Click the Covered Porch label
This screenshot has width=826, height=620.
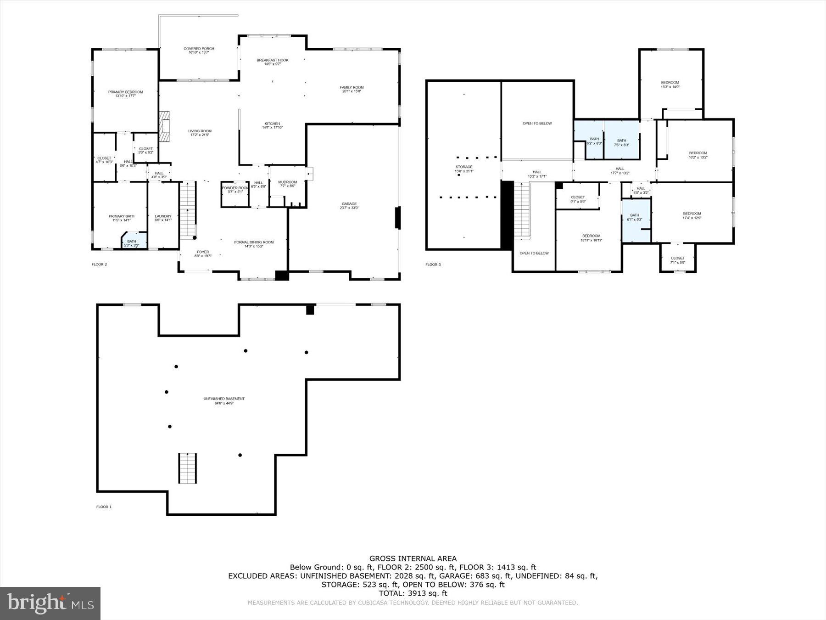pos(199,50)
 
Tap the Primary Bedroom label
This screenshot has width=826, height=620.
pos(125,94)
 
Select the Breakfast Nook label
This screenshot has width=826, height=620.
pos(273,62)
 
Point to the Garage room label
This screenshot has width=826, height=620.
pos(349,205)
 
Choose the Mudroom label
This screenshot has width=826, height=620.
pos(287,184)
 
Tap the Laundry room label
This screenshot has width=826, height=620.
pos(163,218)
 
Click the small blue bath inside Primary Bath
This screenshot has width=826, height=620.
pos(132,243)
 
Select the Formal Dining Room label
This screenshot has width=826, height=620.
pos(254,244)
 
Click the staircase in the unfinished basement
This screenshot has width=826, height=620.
pos(187,468)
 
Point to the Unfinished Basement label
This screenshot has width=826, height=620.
pos(224,400)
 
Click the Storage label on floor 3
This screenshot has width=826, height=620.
pos(463,169)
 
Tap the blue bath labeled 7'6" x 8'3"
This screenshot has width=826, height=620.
pos(621,142)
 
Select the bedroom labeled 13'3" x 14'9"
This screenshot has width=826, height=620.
pos(670,85)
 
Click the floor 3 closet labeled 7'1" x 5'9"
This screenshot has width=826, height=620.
pos(677,260)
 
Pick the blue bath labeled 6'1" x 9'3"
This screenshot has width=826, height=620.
pos(635,217)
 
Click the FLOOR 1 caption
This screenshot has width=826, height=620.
pos(104,507)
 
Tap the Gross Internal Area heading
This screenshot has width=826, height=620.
pos(413,558)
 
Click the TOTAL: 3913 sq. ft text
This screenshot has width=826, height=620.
pos(413,593)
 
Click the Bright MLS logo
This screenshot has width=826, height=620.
pos(50,603)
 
